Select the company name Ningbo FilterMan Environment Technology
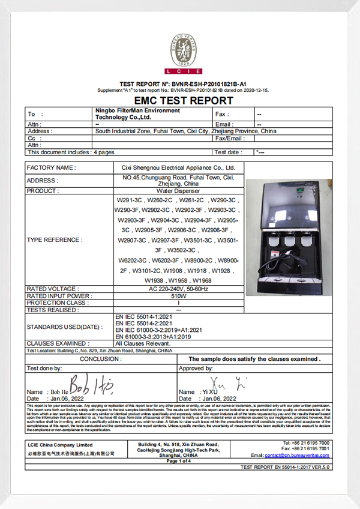click(x=138, y=114)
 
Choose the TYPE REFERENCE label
click(x=55, y=239)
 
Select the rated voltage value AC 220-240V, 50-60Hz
click(x=178, y=289)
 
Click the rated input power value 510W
click(x=178, y=295)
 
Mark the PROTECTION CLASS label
click(x=57, y=303)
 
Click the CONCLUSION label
click(x=100, y=358)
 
